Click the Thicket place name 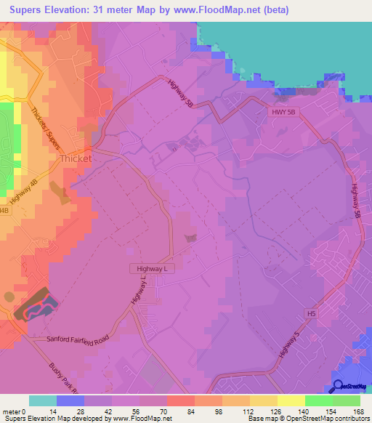(x=76, y=158)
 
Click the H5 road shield (x=312, y=313)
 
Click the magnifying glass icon (x=338, y=387)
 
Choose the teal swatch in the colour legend (x=43, y=400)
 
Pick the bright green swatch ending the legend (x=347, y=400)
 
